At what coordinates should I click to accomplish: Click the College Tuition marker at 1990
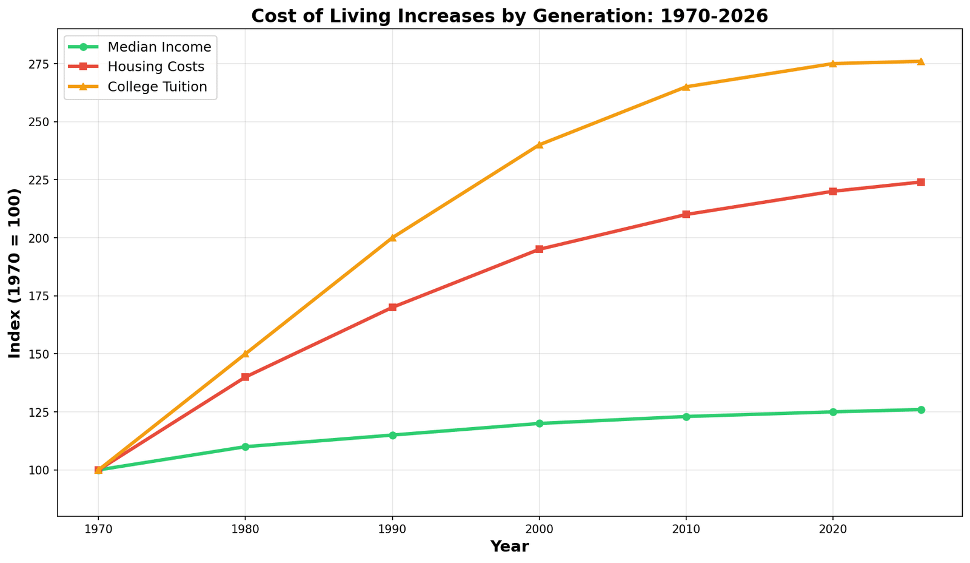point(392,238)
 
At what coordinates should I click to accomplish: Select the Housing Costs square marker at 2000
point(539,249)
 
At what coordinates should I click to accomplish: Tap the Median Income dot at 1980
point(246,447)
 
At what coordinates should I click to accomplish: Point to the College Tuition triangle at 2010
point(686,87)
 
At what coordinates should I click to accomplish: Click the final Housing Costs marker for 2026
point(921,182)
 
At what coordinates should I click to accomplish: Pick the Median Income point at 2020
point(833,412)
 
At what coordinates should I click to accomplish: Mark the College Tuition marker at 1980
point(246,354)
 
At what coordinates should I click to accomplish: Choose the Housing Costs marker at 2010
point(686,214)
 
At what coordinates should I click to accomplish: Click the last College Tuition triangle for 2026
point(921,61)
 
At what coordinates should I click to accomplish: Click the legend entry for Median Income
point(159,47)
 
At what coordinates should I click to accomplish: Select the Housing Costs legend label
point(156,67)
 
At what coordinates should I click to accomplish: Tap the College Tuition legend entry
point(157,87)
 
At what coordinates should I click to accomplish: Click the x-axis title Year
point(509,547)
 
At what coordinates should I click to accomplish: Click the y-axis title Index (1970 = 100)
point(15,273)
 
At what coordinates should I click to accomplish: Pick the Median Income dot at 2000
point(539,423)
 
